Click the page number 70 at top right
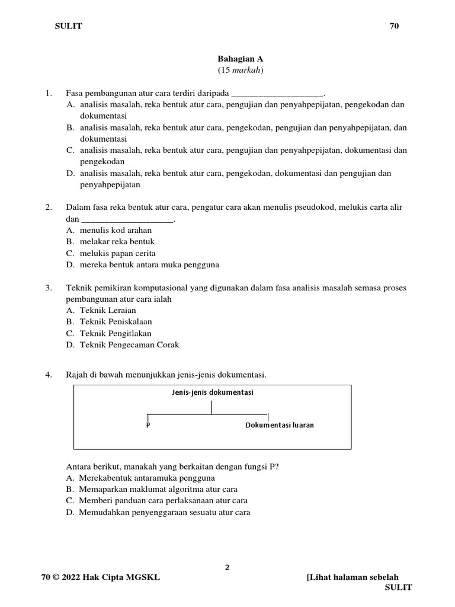click(x=395, y=25)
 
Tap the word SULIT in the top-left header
click(x=69, y=25)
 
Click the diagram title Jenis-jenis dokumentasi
click(x=212, y=392)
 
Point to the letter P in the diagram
click(x=148, y=426)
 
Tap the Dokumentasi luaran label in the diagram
click(x=280, y=426)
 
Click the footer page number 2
click(x=227, y=567)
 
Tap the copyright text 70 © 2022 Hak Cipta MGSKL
click(x=100, y=577)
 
